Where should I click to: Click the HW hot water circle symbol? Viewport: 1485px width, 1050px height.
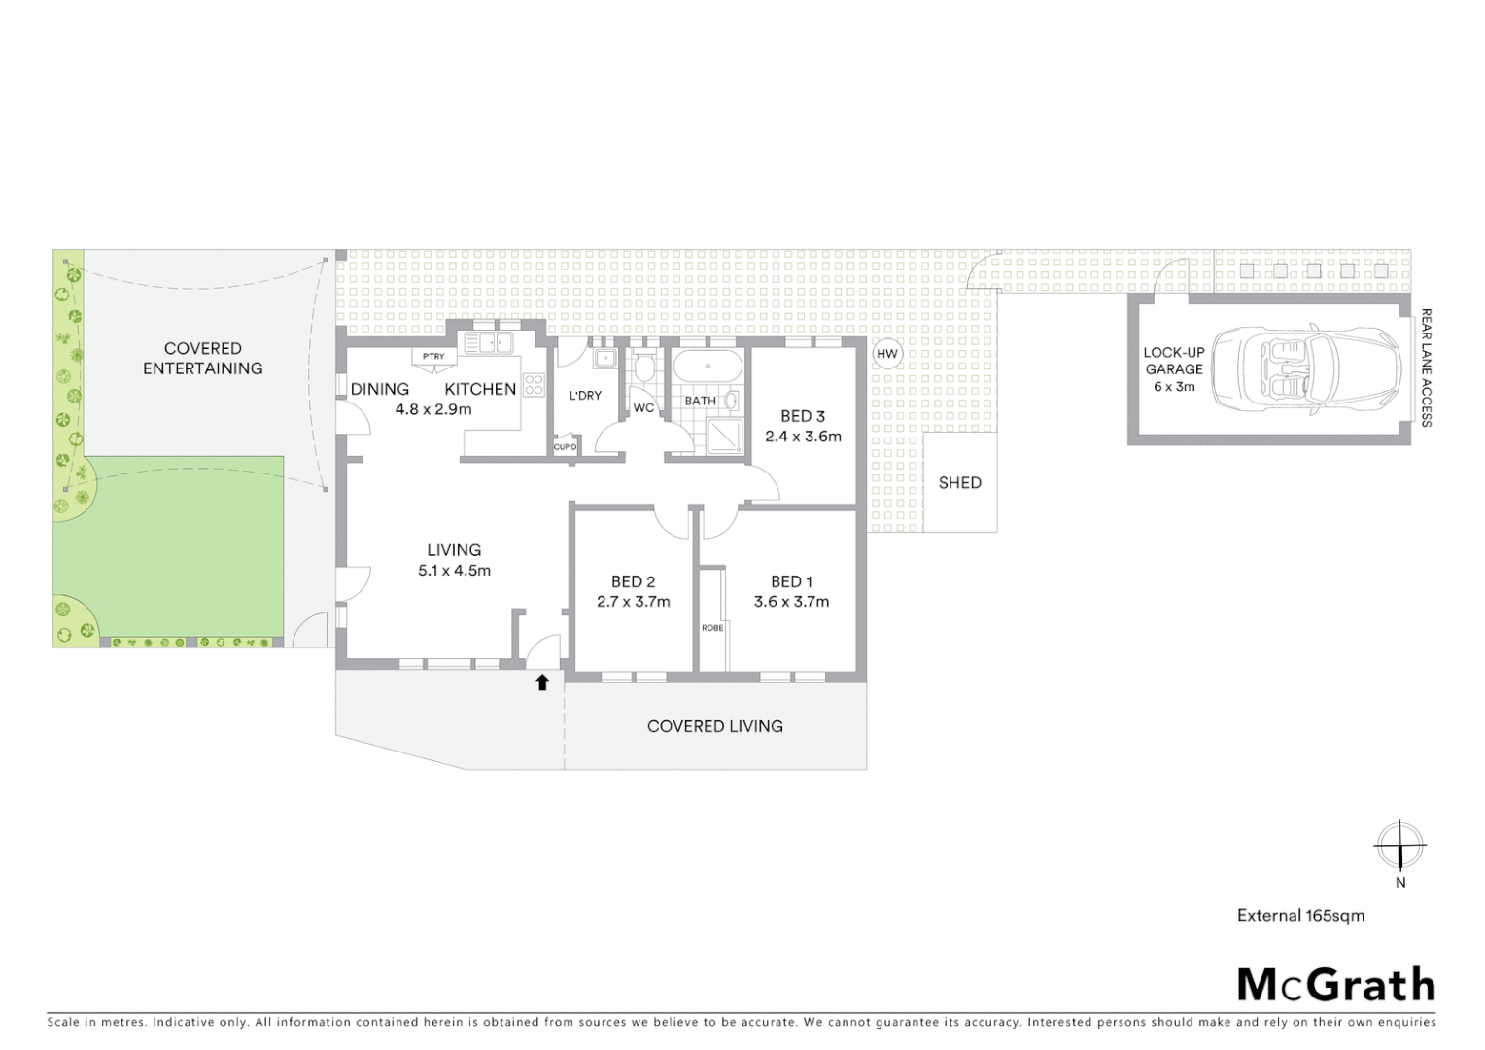[886, 354]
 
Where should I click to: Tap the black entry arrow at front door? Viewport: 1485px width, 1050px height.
[542, 682]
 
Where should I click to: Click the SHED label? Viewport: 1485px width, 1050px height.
[959, 482]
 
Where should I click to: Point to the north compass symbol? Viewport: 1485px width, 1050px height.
[1399, 845]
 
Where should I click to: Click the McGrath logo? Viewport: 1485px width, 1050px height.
[1335, 985]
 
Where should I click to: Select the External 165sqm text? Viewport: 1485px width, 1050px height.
[1300, 915]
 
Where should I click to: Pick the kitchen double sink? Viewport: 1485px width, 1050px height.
[489, 342]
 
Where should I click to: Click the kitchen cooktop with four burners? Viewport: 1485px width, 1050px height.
[534, 384]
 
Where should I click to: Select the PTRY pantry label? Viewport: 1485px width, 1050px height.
[433, 357]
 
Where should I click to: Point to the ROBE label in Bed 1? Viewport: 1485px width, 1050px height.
[712, 628]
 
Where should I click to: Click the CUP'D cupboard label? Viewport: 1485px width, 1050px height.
[565, 447]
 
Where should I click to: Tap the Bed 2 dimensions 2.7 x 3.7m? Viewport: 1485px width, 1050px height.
[633, 602]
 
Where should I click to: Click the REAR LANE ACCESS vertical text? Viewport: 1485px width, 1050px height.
[1427, 367]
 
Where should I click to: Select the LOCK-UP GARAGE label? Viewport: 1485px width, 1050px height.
[1173, 361]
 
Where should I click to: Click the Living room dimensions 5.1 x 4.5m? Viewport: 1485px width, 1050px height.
[454, 571]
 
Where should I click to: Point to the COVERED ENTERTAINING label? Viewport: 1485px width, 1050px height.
[202, 358]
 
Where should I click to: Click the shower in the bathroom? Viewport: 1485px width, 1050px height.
[722, 436]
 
